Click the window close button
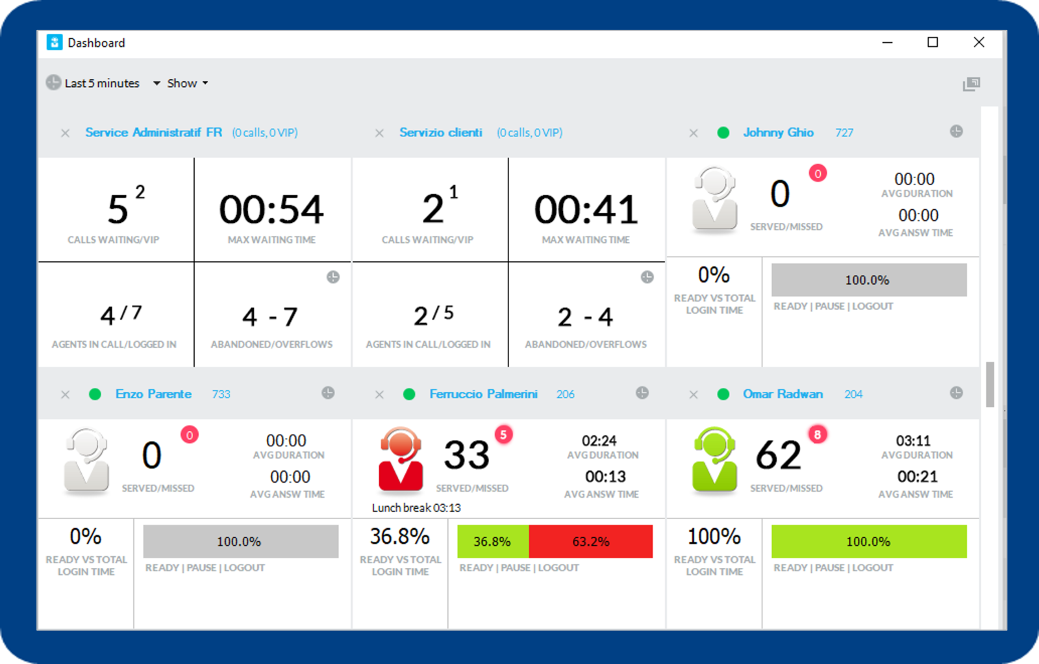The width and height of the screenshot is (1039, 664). pos(979,42)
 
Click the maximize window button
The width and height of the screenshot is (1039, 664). pos(933,42)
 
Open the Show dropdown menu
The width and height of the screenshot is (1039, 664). pos(187,83)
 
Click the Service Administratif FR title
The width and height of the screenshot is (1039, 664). pos(153,133)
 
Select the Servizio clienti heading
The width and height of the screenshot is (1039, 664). pos(440,133)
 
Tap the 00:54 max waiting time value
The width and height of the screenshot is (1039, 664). pos(271,210)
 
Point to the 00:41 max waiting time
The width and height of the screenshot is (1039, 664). pos(586,210)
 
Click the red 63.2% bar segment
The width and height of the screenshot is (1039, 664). pos(590,541)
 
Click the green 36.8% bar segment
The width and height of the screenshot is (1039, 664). pos(492,541)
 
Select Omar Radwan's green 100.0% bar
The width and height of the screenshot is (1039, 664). pos(868,541)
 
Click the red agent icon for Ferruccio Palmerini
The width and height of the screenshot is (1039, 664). pos(401,459)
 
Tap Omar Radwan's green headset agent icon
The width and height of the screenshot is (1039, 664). pos(714,459)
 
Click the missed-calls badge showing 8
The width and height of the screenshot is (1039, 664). pos(818,435)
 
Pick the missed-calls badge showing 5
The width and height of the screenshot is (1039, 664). pos(503,435)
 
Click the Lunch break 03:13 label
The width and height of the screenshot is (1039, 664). pos(416,507)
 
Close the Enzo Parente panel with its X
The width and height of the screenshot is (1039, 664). pos(65,394)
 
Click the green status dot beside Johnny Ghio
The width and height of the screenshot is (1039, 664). pos(723,133)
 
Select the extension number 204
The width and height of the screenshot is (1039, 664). pos(853,394)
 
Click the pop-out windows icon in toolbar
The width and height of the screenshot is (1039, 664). pos(971,84)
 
